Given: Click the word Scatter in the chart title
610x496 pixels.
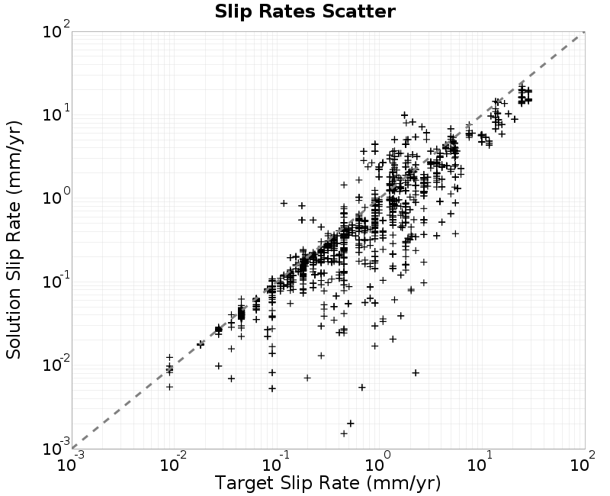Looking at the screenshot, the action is [x=358, y=11].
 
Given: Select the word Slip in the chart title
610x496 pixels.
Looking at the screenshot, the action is [x=235, y=12].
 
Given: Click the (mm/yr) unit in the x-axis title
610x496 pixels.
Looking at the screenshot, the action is [x=403, y=484].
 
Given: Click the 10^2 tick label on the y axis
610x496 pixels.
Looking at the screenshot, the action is [x=56, y=31].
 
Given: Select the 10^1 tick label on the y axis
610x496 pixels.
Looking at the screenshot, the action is [x=56, y=114].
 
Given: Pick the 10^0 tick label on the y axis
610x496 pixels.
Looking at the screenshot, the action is [x=56, y=197].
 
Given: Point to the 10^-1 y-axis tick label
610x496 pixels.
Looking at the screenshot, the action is [x=56, y=281].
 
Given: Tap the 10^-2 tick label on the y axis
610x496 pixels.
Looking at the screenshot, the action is [x=56, y=365].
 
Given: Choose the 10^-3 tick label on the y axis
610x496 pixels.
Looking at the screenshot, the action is [x=56, y=448].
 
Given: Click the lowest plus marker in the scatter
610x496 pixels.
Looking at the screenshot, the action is [x=344, y=433].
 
